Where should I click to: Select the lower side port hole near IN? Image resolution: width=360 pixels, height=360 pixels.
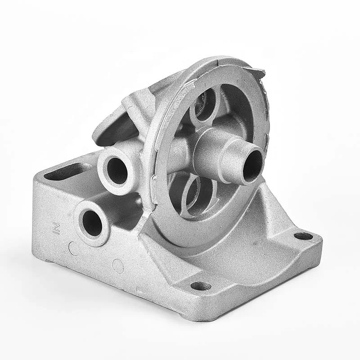click(92, 223)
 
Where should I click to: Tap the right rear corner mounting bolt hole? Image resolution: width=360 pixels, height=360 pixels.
click(303, 236)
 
